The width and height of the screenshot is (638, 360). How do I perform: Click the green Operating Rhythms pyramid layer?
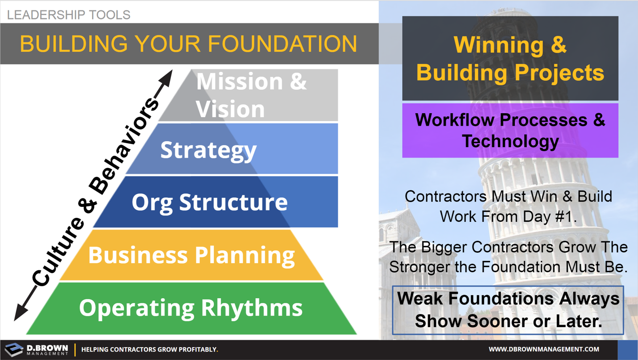click(x=191, y=308)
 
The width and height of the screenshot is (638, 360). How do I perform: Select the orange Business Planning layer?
click(x=191, y=255)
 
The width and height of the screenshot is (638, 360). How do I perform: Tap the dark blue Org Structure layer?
click(x=209, y=202)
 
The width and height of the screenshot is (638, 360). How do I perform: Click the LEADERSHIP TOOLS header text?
click(x=68, y=14)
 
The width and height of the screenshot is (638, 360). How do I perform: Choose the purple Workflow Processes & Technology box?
click(x=510, y=131)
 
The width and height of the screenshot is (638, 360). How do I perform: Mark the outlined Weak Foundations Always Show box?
click(x=508, y=310)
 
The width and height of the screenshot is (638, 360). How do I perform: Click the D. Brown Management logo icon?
click(x=14, y=349)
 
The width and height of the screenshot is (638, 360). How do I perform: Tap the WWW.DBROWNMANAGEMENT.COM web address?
click(x=544, y=350)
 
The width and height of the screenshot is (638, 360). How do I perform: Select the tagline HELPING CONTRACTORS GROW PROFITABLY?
click(x=150, y=350)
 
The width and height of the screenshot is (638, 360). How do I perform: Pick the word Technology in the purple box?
click(x=510, y=142)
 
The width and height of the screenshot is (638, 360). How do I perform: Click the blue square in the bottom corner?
click(x=628, y=350)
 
